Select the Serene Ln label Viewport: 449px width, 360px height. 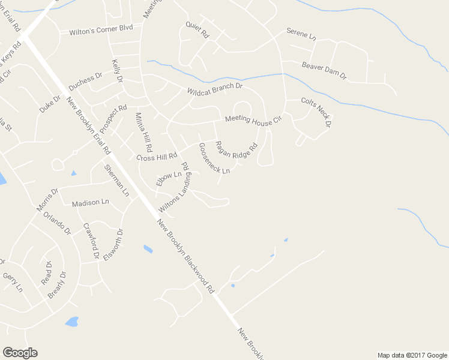301,34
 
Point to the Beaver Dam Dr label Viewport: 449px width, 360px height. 324,70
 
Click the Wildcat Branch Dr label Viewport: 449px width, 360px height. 214,89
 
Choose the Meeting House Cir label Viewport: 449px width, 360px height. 253,119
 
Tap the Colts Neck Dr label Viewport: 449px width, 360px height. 316,112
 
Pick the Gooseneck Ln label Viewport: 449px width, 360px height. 214,159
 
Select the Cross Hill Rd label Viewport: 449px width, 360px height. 157,157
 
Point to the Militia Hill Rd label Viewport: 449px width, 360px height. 144,132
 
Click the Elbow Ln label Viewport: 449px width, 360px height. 168,179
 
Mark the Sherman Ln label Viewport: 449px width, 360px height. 116,181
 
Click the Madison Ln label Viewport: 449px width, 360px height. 90,203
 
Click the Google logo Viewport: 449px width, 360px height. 20,352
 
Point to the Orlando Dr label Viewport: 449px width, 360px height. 57,223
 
